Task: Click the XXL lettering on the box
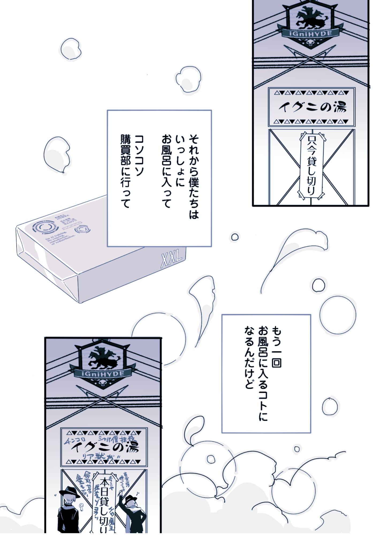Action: click(172, 258)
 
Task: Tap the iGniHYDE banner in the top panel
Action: click(310, 33)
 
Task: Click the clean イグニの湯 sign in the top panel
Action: click(312, 107)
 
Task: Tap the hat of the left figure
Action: click(69, 491)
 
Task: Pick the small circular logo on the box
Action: click(82, 230)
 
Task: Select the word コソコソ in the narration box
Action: click(139, 155)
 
